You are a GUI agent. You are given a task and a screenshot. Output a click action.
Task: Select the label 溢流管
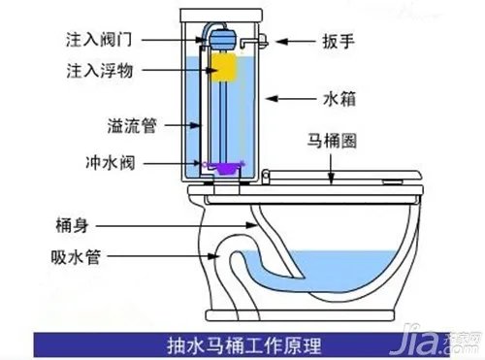tap(134, 126)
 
